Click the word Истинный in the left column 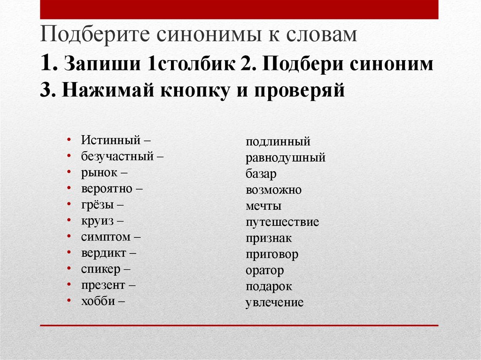[111, 140]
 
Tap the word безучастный [117, 156]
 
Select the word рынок [99, 173]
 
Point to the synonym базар [261, 174]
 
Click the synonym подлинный [278, 142]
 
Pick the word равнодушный [286, 158]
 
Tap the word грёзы [97, 205]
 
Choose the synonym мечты [264, 206]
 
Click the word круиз [97, 221]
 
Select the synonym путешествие [282, 222]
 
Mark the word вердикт [104, 253]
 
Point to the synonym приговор [272, 254]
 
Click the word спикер [101, 269]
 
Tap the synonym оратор [265, 271]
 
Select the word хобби [98, 301]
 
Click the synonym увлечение [274, 303]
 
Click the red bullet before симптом [69, 237]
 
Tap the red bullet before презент [69, 284]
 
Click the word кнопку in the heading [194, 91]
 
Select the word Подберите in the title [95, 34]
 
